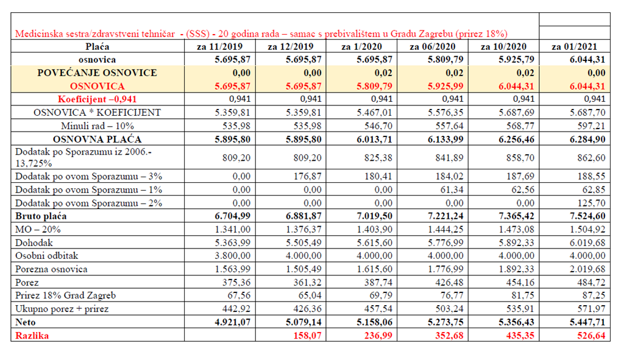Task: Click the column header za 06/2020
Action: click(432, 46)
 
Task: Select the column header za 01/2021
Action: click(574, 46)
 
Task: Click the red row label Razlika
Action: click(32, 336)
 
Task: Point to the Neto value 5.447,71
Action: click(587, 322)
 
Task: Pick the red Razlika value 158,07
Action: click(307, 336)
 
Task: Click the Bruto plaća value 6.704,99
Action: click(232, 216)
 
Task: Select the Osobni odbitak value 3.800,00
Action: click(232, 255)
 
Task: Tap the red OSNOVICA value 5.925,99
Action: click(445, 86)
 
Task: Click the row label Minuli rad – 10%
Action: click(97, 125)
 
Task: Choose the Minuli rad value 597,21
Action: click(591, 125)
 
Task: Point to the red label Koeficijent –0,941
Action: click(97, 99)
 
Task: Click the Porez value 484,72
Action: click(591, 282)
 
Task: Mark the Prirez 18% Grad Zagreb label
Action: click(66, 295)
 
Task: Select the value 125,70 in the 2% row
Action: click(591, 203)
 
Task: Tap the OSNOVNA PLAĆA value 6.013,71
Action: click(375, 139)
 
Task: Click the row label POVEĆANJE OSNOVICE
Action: click(97, 73)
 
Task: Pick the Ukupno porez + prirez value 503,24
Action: click(449, 309)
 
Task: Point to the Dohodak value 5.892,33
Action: click(517, 242)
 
